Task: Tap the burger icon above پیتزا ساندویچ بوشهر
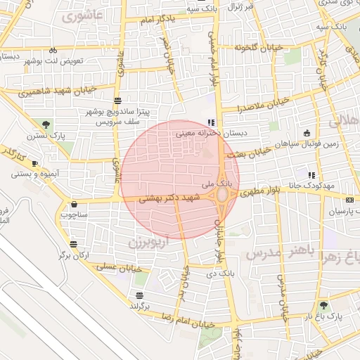[116, 101]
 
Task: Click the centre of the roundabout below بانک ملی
[223, 193]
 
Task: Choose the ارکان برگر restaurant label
[75, 255]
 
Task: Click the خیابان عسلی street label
[119, 268]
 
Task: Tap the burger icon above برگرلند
[139, 295]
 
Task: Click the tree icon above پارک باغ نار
[323, 305]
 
